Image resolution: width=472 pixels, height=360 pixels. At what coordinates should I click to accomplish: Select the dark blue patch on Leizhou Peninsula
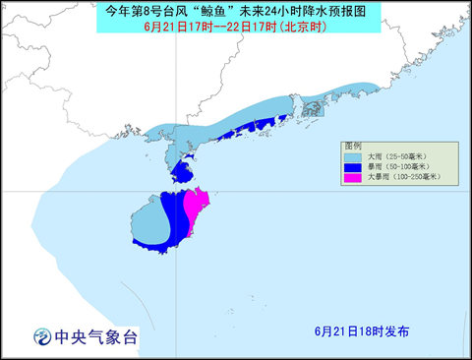click(x=180, y=174)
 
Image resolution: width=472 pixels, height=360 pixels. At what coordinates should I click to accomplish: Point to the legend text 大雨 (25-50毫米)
click(x=394, y=156)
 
